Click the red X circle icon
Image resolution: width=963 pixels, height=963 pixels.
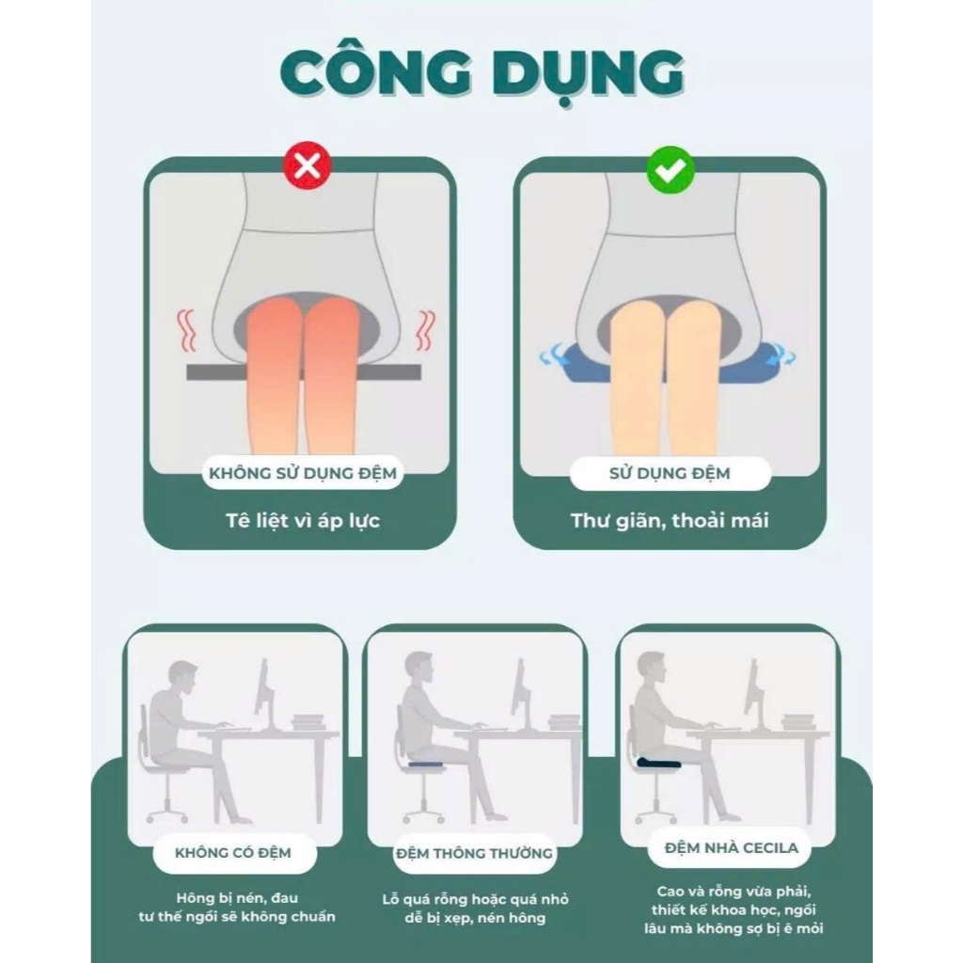[x=308, y=166]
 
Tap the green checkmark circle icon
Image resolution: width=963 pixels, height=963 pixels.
[x=671, y=170]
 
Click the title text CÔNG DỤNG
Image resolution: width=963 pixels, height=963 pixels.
[x=482, y=73]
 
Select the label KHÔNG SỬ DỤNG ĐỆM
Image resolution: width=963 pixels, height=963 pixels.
[x=303, y=473]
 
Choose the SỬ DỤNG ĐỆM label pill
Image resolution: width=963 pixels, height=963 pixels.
[x=670, y=474]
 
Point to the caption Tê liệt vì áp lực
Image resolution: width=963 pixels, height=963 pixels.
[x=303, y=521]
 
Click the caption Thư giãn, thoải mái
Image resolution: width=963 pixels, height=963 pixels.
[x=670, y=521]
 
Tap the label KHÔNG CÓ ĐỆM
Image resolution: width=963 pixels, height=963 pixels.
[x=233, y=853]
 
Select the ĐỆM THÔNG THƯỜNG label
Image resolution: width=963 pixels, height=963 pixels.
[x=474, y=854]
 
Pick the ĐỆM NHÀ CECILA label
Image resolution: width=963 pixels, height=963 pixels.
[x=732, y=848]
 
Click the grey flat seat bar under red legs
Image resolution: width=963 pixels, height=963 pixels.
[x=304, y=372]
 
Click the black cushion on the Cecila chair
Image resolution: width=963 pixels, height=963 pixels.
[x=659, y=763]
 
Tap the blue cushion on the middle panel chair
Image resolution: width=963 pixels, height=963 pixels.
[x=428, y=764]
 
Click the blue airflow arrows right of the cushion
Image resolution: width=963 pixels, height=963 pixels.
[x=783, y=355]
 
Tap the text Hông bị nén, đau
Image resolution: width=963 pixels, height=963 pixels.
[x=237, y=898]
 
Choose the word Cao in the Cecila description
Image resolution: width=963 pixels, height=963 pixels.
[x=670, y=892]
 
